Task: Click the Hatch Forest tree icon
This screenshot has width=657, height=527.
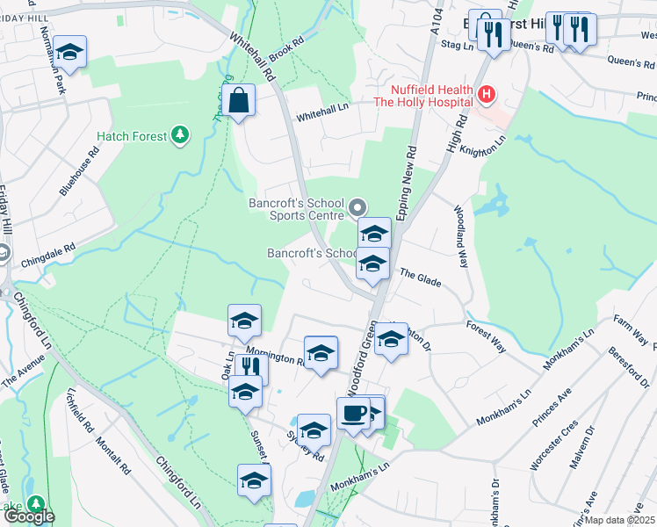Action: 180,134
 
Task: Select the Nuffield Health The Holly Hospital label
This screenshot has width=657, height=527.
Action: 422,95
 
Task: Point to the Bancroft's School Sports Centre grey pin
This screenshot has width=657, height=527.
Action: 357,208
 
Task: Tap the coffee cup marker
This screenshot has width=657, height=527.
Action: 353,414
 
